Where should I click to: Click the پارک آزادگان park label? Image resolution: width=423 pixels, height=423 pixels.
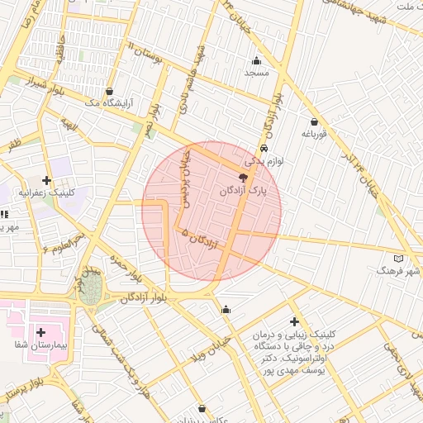(245, 191)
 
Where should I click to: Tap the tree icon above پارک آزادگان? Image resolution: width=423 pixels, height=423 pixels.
(242, 177)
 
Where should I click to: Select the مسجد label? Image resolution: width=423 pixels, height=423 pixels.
(257, 73)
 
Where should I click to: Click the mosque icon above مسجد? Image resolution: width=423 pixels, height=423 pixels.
(256, 59)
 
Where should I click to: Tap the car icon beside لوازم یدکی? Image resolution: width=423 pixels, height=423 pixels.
(264, 149)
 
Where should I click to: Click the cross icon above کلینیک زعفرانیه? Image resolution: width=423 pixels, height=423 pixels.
(46, 180)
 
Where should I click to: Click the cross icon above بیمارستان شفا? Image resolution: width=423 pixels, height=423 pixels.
(40, 331)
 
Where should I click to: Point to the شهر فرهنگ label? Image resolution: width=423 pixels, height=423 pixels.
(398, 271)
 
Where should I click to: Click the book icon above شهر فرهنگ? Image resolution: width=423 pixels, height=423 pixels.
(400, 258)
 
